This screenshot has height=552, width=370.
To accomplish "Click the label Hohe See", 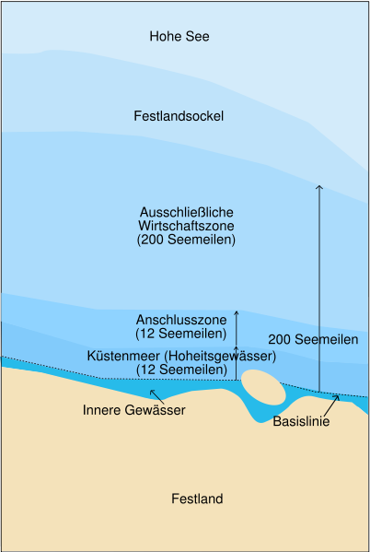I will click(x=179, y=37).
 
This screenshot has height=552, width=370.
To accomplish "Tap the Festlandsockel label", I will click(x=179, y=116).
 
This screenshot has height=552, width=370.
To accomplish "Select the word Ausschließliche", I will click(x=187, y=212).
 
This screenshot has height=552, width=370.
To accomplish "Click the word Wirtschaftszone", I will click(x=186, y=226).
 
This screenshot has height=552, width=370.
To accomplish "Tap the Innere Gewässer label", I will click(x=134, y=409).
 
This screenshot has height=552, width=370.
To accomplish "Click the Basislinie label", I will click(x=302, y=422).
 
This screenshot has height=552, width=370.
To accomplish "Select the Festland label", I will click(x=197, y=499).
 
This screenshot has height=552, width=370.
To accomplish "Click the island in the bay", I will click(x=263, y=386).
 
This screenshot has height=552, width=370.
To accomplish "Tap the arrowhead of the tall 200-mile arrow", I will click(x=319, y=187).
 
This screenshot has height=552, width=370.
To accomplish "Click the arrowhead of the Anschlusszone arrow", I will click(x=237, y=313).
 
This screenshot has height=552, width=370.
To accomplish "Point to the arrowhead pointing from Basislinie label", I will click(x=338, y=397).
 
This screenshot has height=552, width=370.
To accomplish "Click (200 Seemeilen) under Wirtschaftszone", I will click(x=186, y=240).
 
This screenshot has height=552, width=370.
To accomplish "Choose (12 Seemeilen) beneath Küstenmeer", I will click(x=182, y=370).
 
